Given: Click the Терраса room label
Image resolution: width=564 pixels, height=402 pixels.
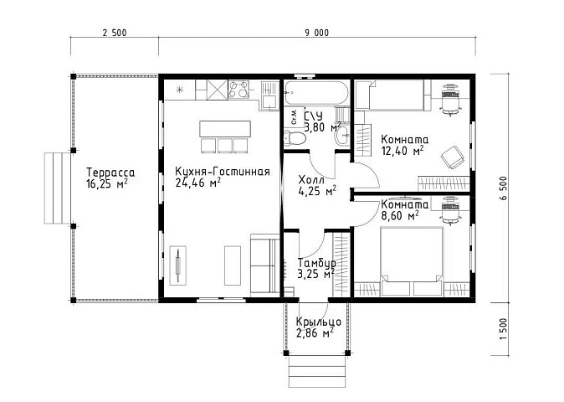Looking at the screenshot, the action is (x=110, y=172).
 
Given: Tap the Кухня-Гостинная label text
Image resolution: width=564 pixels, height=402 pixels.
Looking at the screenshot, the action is (x=223, y=172).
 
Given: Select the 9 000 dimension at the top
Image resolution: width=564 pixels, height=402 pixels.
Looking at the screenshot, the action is (x=317, y=33).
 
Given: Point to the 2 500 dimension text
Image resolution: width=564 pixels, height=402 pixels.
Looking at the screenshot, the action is (x=115, y=33).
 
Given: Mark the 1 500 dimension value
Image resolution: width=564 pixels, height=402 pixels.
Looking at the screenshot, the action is (x=503, y=328).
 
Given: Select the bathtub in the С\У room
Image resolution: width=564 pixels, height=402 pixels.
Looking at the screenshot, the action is (x=316, y=93).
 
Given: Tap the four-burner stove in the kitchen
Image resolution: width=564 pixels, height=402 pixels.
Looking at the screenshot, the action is (x=238, y=89).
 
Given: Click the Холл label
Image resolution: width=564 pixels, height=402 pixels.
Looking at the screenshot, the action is (x=311, y=179).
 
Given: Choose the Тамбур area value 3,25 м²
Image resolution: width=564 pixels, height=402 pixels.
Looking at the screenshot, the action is (x=315, y=274).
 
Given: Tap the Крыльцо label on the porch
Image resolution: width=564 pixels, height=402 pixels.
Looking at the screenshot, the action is (x=319, y=322).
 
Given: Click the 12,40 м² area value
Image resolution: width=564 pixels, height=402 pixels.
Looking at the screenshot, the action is (x=402, y=151).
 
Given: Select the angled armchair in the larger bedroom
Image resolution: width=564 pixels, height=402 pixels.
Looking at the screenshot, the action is (x=451, y=157).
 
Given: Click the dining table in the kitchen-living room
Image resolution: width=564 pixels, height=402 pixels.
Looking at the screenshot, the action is (x=225, y=129).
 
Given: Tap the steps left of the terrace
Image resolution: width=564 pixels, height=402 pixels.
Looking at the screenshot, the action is (x=58, y=188).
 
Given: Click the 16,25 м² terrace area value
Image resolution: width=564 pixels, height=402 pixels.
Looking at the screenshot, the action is (x=107, y=183).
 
